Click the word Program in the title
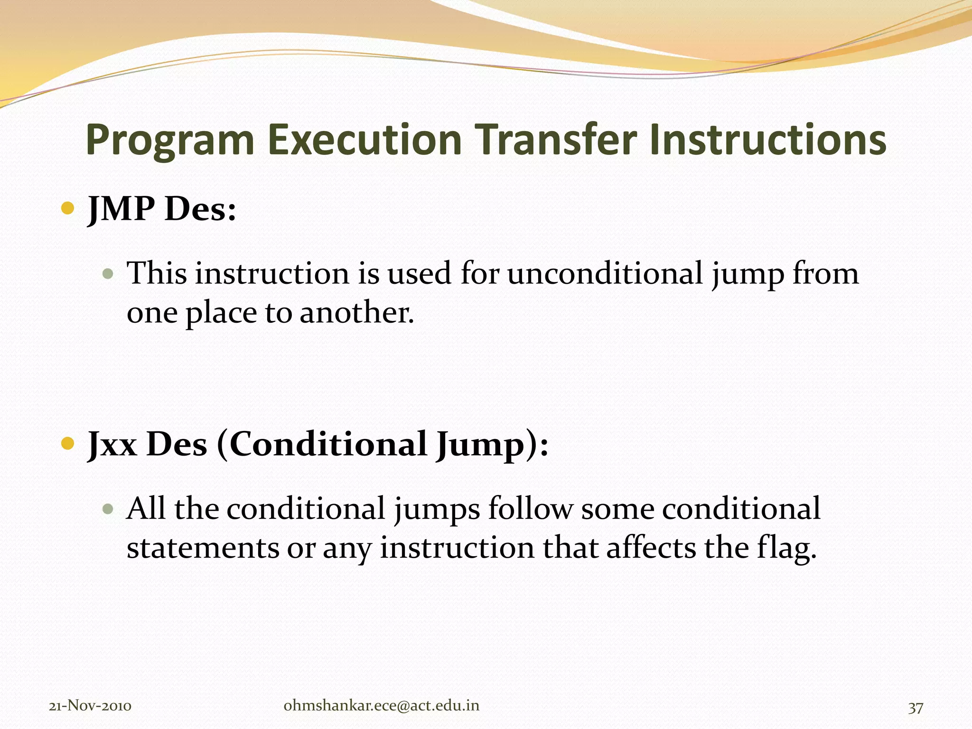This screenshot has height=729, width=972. point(170,140)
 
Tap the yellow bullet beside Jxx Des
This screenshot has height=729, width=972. point(68,444)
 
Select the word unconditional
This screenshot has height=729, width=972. point(605,274)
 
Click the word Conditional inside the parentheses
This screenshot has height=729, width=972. point(328,445)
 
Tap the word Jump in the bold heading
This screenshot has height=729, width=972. point(479,445)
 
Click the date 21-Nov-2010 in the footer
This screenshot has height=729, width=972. point(90,706)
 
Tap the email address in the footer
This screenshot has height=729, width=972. point(381,706)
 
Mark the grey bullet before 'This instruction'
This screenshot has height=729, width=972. point(109,274)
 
